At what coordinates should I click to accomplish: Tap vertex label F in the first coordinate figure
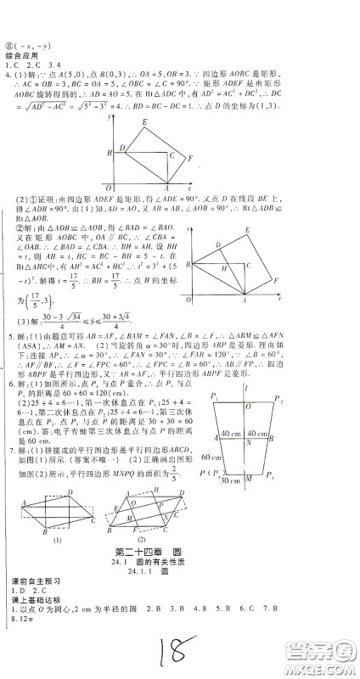click(191, 157)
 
